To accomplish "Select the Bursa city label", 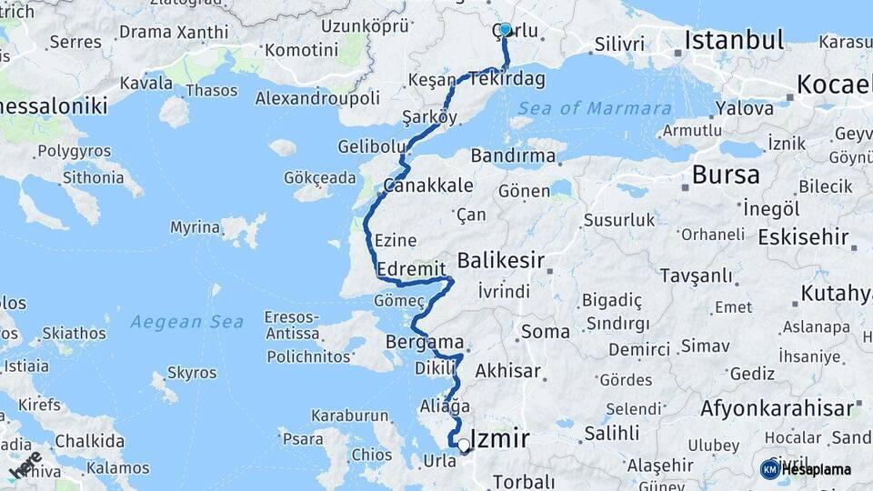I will coord(726,174).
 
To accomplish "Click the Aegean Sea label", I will coord(186,322).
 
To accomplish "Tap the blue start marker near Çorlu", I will coord(505,30).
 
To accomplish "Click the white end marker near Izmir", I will coord(464,446).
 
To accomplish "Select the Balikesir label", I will coord(500,261).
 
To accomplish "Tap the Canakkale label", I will coord(427,185).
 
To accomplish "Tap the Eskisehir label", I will coord(803,238).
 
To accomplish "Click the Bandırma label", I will coord(513,155).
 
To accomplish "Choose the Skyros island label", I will coord(192,373).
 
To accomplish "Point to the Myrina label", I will coord(195,227).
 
